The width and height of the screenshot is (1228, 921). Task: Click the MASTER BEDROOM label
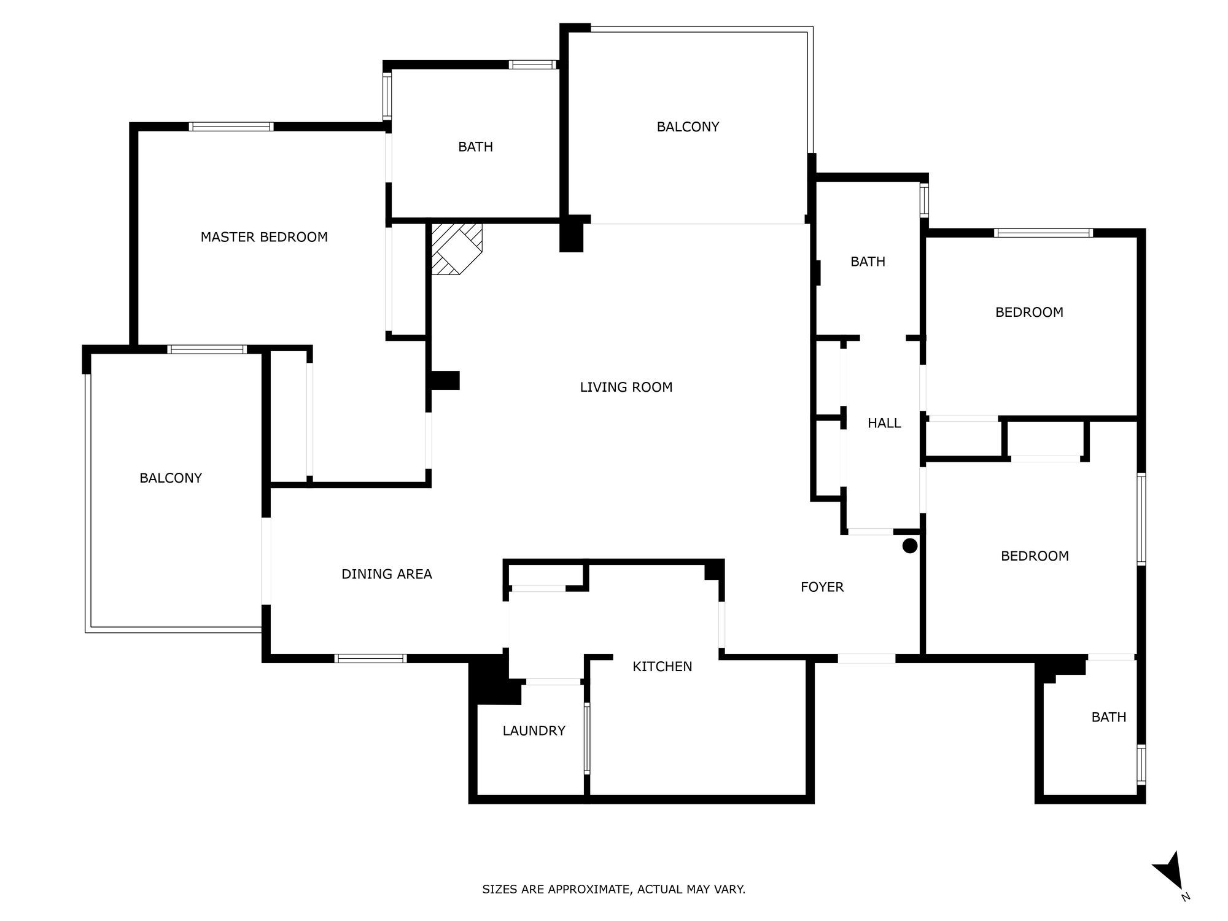pyautogui.click(x=264, y=237)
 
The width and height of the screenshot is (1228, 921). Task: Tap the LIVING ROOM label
pyautogui.click(x=626, y=387)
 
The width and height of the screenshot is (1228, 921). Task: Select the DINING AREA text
pyautogui.click(x=387, y=574)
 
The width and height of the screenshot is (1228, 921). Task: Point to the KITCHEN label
pyautogui.click(x=663, y=666)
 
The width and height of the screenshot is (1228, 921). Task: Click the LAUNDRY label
pyautogui.click(x=534, y=731)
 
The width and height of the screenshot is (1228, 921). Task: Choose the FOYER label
pyautogui.click(x=822, y=587)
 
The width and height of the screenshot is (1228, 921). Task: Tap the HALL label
pyautogui.click(x=884, y=423)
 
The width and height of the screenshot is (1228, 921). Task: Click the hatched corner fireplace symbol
pyautogui.click(x=456, y=248)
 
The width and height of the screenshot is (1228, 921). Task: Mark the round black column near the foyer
pyautogui.click(x=910, y=545)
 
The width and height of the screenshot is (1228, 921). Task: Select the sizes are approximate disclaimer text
pyautogui.click(x=613, y=889)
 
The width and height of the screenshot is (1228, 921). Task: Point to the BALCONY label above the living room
pyautogui.click(x=688, y=126)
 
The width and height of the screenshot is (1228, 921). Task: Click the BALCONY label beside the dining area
pyautogui.click(x=171, y=478)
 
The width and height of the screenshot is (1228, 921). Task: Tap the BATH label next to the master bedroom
pyautogui.click(x=476, y=147)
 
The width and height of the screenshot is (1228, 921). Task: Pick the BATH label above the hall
pyautogui.click(x=868, y=262)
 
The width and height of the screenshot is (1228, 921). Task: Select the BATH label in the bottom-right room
pyautogui.click(x=1109, y=717)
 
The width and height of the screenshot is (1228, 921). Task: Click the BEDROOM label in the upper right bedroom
pyautogui.click(x=1029, y=312)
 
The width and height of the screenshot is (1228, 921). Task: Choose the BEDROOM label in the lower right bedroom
pyautogui.click(x=1035, y=556)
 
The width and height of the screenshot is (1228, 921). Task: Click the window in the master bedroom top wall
pyautogui.click(x=231, y=126)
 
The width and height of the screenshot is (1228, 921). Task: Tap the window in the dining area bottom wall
pyautogui.click(x=370, y=658)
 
